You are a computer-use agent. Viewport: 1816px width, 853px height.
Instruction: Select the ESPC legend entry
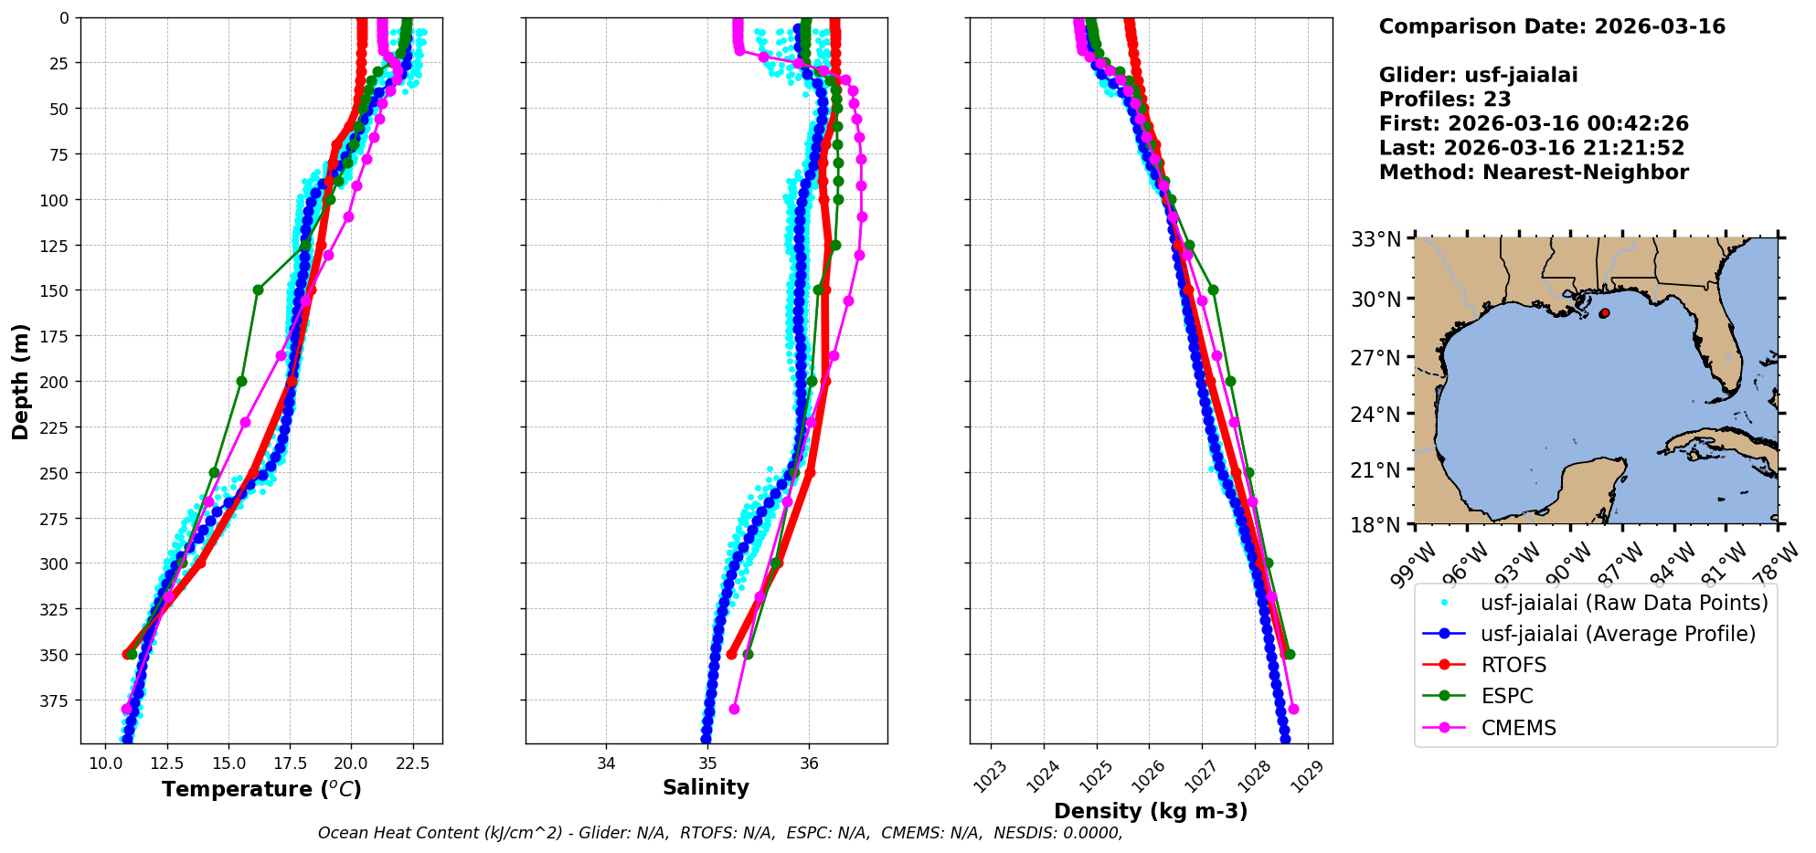(x=1507, y=696)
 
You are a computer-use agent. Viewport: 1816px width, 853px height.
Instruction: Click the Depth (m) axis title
(x=20, y=382)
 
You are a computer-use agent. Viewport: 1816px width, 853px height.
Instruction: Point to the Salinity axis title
(x=706, y=788)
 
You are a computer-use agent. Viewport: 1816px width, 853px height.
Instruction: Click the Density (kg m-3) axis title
(x=1151, y=811)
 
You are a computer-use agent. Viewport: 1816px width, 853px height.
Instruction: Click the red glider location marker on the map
(x=1604, y=313)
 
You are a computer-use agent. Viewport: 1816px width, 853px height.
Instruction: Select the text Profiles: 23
(x=1445, y=100)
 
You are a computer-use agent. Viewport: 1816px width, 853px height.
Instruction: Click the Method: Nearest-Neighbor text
(x=1534, y=173)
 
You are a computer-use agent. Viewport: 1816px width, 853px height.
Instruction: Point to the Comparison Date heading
(x=1552, y=26)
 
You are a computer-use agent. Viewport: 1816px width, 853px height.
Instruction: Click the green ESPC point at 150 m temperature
(x=258, y=290)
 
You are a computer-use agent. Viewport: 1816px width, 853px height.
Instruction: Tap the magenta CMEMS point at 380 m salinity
(x=734, y=710)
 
